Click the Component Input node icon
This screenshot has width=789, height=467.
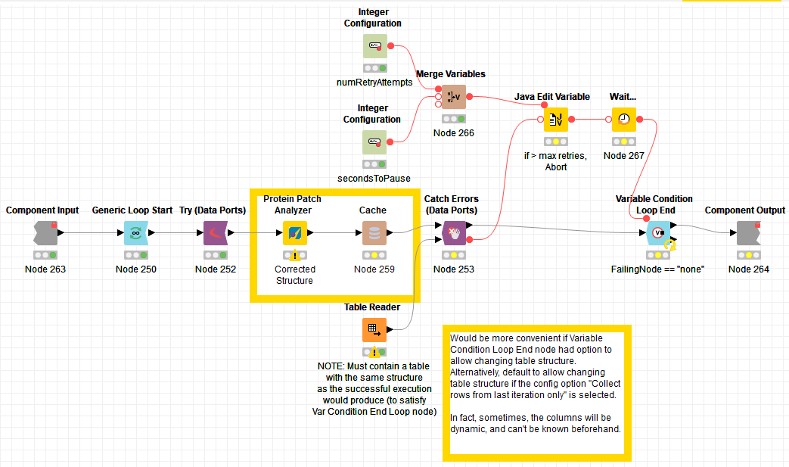tap(45, 233)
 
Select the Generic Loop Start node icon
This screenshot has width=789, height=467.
tap(136, 233)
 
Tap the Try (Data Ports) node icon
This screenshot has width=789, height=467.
tap(216, 233)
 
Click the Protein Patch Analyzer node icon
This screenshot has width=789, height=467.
tap(295, 233)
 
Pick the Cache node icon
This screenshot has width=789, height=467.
tap(374, 233)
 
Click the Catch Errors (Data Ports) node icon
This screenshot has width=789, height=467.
tap(454, 233)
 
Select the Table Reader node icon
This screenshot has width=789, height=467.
tap(374, 330)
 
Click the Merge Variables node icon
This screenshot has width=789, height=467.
tap(454, 97)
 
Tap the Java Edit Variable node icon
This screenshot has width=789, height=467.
tap(556, 120)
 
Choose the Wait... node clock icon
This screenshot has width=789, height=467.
tap(624, 120)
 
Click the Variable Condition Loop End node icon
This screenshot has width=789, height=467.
tap(658, 233)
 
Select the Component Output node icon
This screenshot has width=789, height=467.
tap(749, 233)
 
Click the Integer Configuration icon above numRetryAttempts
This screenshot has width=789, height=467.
tap(375, 46)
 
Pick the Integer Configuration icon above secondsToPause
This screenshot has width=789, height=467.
tap(374, 142)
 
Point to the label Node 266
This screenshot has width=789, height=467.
tap(454, 133)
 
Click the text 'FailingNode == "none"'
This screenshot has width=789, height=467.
tap(657, 269)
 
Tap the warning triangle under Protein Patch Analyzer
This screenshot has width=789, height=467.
tap(295, 255)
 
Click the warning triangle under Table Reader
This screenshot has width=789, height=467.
tap(374, 352)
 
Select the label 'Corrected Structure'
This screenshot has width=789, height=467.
tap(295, 275)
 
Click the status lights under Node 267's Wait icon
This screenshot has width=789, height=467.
tap(624, 142)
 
